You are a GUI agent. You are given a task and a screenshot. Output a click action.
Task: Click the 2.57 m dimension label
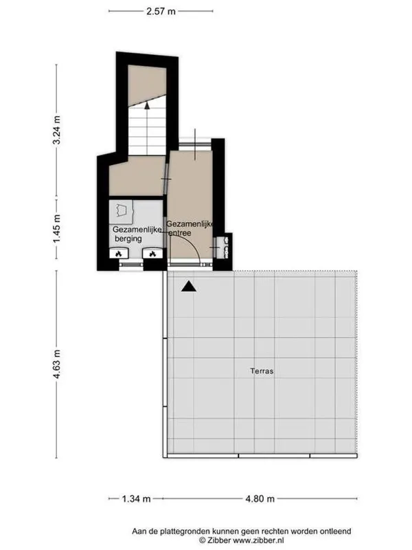click(161, 11)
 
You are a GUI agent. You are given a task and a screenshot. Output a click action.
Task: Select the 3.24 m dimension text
click(56, 130)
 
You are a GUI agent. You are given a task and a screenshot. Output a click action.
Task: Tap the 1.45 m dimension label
click(56, 228)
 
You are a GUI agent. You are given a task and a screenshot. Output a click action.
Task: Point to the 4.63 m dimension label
click(56, 364)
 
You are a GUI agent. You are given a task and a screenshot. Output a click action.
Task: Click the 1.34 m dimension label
click(136, 498)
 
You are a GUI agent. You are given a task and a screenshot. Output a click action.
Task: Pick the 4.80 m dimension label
click(260, 498)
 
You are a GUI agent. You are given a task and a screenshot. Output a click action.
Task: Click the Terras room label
click(262, 371)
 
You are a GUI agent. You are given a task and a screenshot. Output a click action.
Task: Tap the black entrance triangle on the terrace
click(189, 287)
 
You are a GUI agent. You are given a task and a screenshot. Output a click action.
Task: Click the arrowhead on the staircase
click(147, 104)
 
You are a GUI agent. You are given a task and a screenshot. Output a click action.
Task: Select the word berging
click(128, 239)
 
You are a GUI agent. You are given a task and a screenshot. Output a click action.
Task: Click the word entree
click(180, 233)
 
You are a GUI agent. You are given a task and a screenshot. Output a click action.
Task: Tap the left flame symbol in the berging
click(119, 254)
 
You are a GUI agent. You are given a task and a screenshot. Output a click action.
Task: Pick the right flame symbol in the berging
click(152, 254)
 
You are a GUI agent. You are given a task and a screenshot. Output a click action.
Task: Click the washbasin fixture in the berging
click(121, 212)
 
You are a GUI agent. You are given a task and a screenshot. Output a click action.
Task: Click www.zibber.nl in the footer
click(259, 540)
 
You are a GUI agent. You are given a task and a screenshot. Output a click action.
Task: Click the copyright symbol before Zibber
click(202, 540)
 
